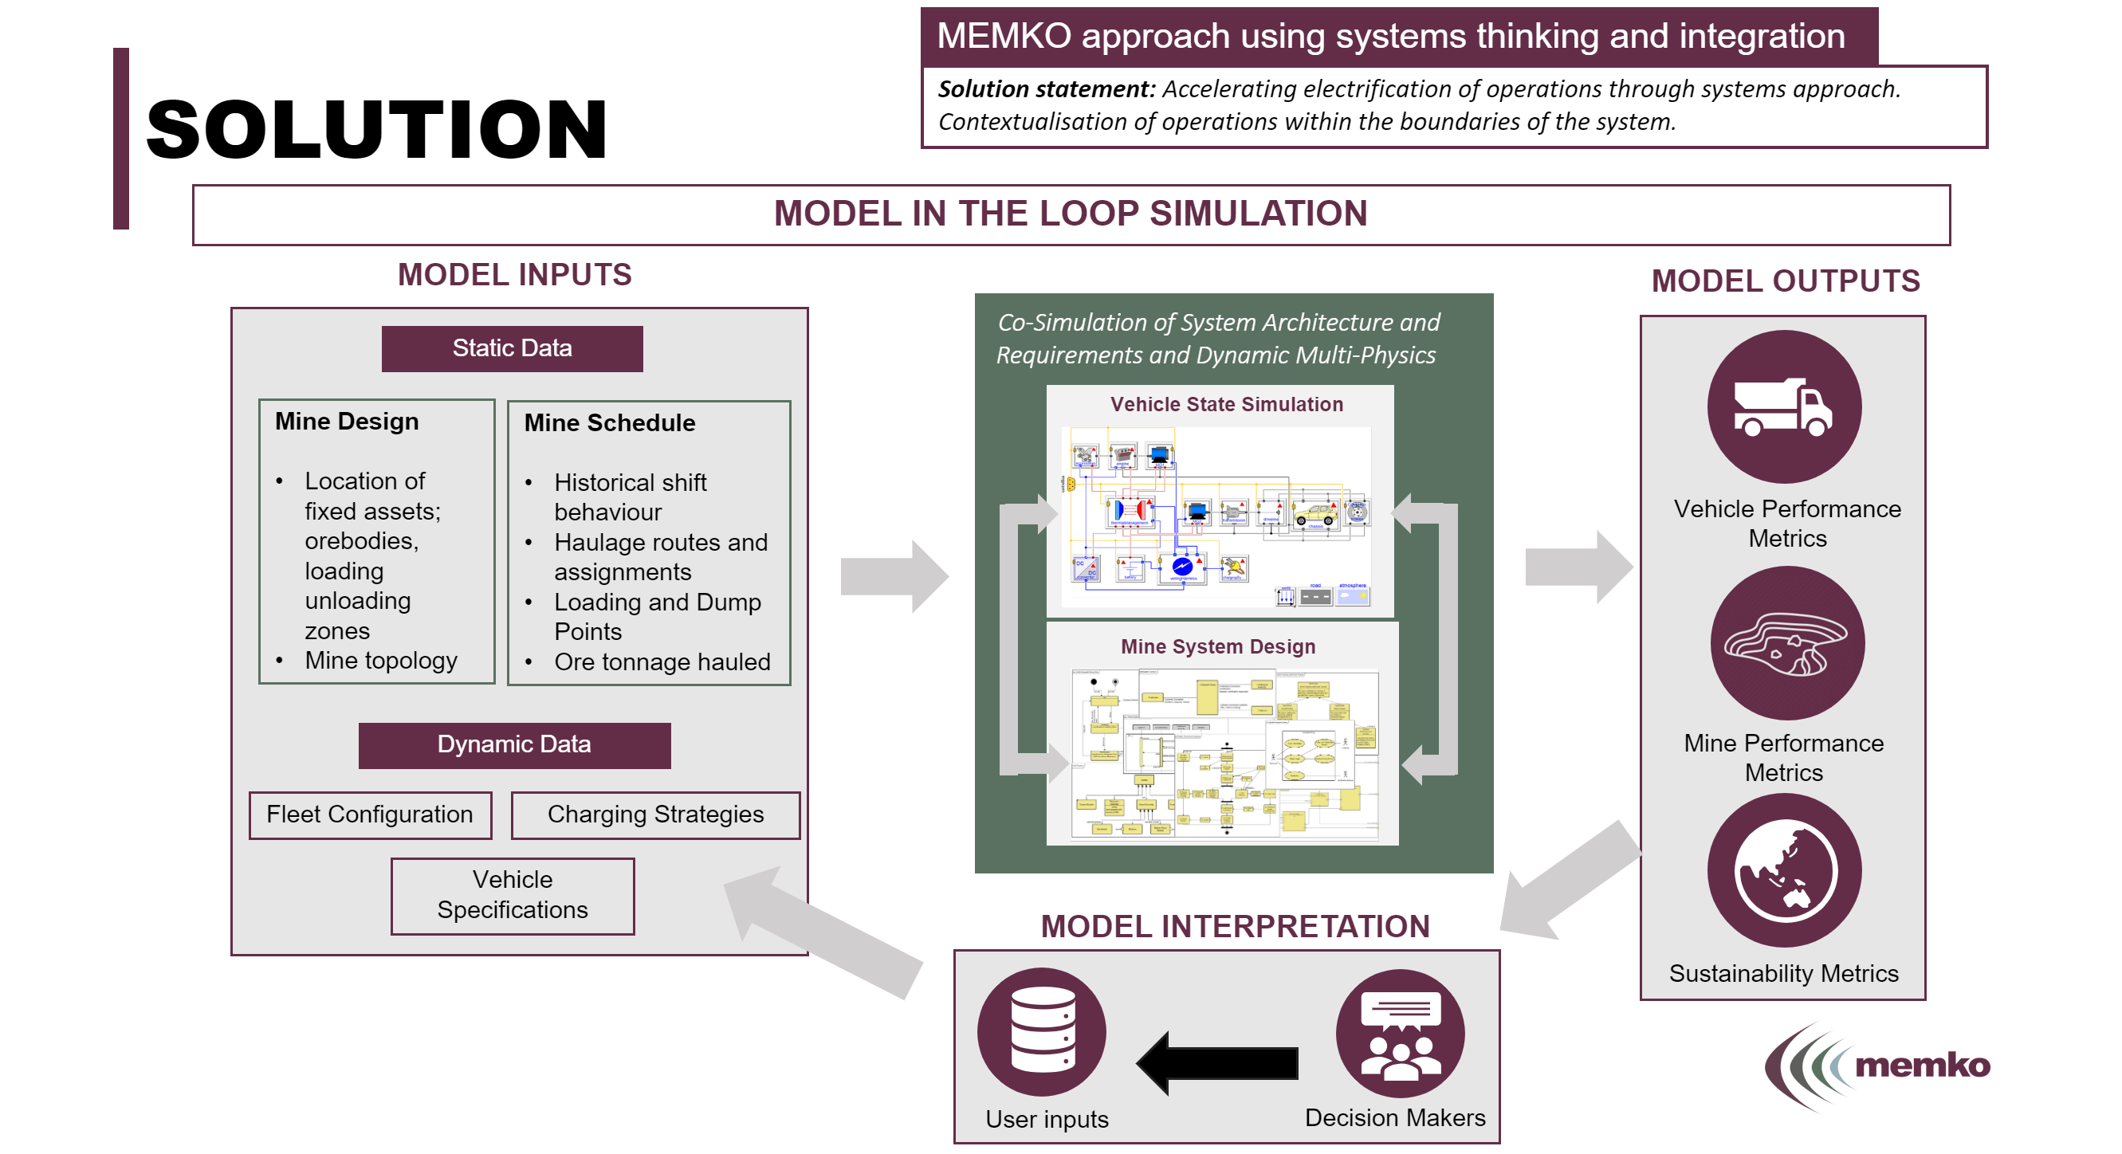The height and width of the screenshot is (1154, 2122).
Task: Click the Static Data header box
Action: pyautogui.click(x=512, y=348)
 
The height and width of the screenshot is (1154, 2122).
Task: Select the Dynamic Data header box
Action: pyautogui.click(x=514, y=744)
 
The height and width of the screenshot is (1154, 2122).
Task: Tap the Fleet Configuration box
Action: pyautogui.click(x=370, y=814)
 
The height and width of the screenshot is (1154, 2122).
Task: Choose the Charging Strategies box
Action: pyautogui.click(x=656, y=814)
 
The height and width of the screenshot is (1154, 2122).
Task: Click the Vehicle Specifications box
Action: pyautogui.click(x=513, y=895)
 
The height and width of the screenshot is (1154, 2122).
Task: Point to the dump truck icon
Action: pyautogui.click(x=1782, y=407)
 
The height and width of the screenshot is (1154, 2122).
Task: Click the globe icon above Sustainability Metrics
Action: pyautogui.click(x=1784, y=869)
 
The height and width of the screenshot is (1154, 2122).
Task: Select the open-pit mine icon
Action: pyautogui.click(x=1786, y=643)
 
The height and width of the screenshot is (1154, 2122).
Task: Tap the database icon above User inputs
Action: pyautogui.click(x=1042, y=1030)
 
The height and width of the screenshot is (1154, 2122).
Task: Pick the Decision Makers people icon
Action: pyautogui.click(x=1400, y=1034)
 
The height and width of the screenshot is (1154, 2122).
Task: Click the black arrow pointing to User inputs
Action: pyautogui.click(x=1216, y=1062)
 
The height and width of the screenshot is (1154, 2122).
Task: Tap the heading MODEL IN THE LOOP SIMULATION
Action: pyautogui.click(x=1070, y=214)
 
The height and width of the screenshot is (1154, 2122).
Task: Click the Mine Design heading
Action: pyautogui.click(x=347, y=422)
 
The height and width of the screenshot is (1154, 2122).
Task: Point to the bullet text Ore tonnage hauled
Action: pyautogui.click(x=662, y=661)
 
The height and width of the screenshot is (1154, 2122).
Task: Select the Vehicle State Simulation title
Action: pyautogui.click(x=1226, y=404)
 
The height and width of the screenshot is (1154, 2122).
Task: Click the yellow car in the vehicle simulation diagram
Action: pyautogui.click(x=1315, y=515)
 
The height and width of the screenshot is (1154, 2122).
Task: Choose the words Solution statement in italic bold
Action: pyautogui.click(x=1045, y=89)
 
